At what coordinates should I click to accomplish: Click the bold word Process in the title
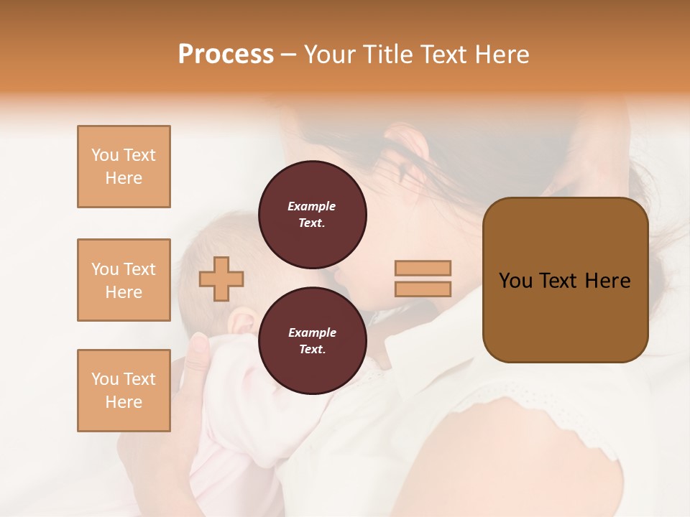tap(226, 55)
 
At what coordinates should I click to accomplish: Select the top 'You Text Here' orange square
tap(124, 167)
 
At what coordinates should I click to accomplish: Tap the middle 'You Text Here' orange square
tap(124, 280)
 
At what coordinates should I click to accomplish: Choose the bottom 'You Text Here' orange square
tap(124, 391)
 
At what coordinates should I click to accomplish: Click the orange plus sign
tap(221, 279)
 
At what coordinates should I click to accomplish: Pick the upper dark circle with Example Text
tap(312, 215)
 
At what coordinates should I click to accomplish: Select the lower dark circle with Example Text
tap(312, 341)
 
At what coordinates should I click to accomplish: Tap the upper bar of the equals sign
tap(423, 269)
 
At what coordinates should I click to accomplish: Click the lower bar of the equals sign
tap(423, 289)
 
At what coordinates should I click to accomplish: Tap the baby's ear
tap(243, 320)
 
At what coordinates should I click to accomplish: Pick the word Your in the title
tap(328, 55)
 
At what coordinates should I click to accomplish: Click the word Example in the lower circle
tap(312, 332)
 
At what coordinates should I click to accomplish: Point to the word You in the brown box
tap(515, 281)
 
